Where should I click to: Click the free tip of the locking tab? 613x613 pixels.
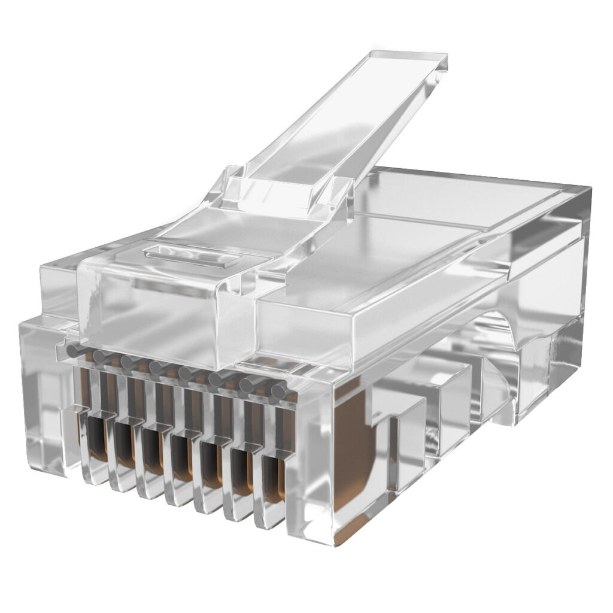pyautogui.click(x=413, y=62)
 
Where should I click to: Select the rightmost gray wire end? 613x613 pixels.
pyautogui.click(x=278, y=392)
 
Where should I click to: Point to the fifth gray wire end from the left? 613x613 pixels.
pyautogui.click(x=185, y=374)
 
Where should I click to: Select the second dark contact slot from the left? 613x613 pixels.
pyautogui.click(x=125, y=444)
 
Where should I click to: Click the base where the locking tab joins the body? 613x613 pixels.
pyautogui.click(x=287, y=192)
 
